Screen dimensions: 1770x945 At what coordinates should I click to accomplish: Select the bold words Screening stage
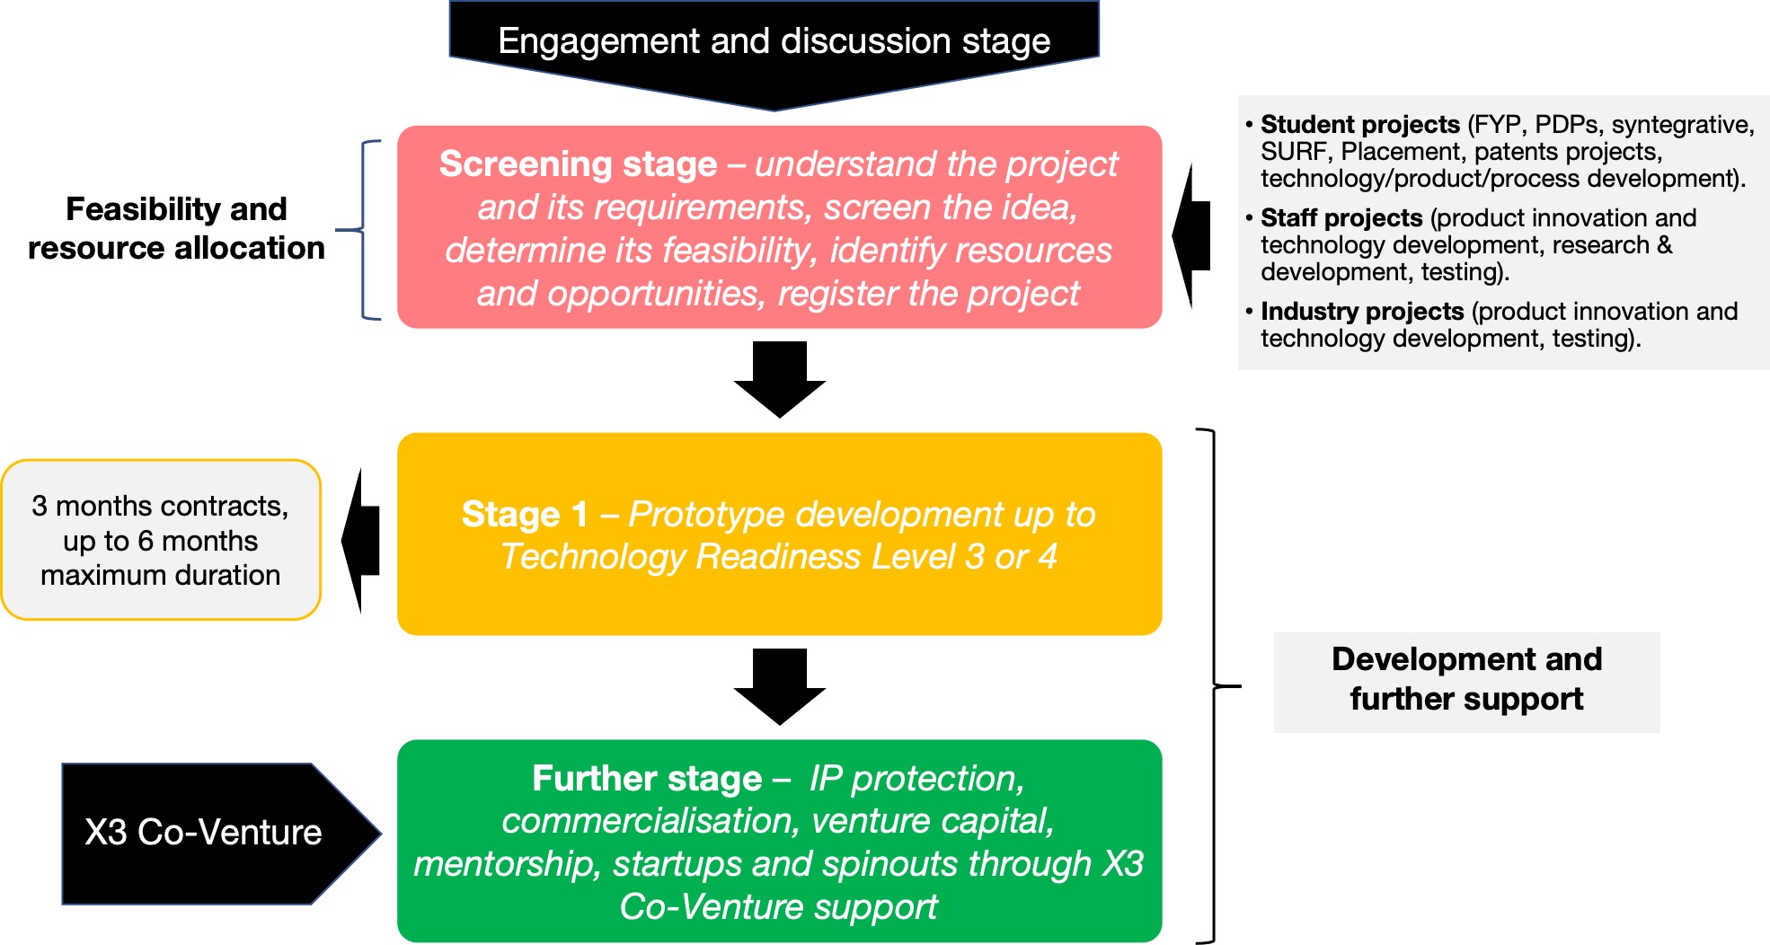578,164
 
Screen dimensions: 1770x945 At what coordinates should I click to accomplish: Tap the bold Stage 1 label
525,515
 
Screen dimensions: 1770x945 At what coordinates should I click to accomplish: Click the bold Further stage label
647,779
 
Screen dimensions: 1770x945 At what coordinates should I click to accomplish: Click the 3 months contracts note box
161,540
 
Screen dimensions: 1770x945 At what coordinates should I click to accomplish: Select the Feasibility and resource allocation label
176,228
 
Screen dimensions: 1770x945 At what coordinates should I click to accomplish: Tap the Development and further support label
1466,679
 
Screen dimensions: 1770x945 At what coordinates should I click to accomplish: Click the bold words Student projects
1360,124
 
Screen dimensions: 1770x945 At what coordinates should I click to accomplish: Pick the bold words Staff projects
1341,217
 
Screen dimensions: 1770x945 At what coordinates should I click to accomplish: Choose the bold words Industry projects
1362,311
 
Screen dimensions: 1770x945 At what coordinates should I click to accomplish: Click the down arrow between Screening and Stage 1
779,379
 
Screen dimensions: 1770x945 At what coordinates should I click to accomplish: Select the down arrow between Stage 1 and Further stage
779,686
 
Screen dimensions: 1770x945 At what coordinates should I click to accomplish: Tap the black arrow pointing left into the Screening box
1191,236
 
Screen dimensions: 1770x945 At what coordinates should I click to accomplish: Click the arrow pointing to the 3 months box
360,541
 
